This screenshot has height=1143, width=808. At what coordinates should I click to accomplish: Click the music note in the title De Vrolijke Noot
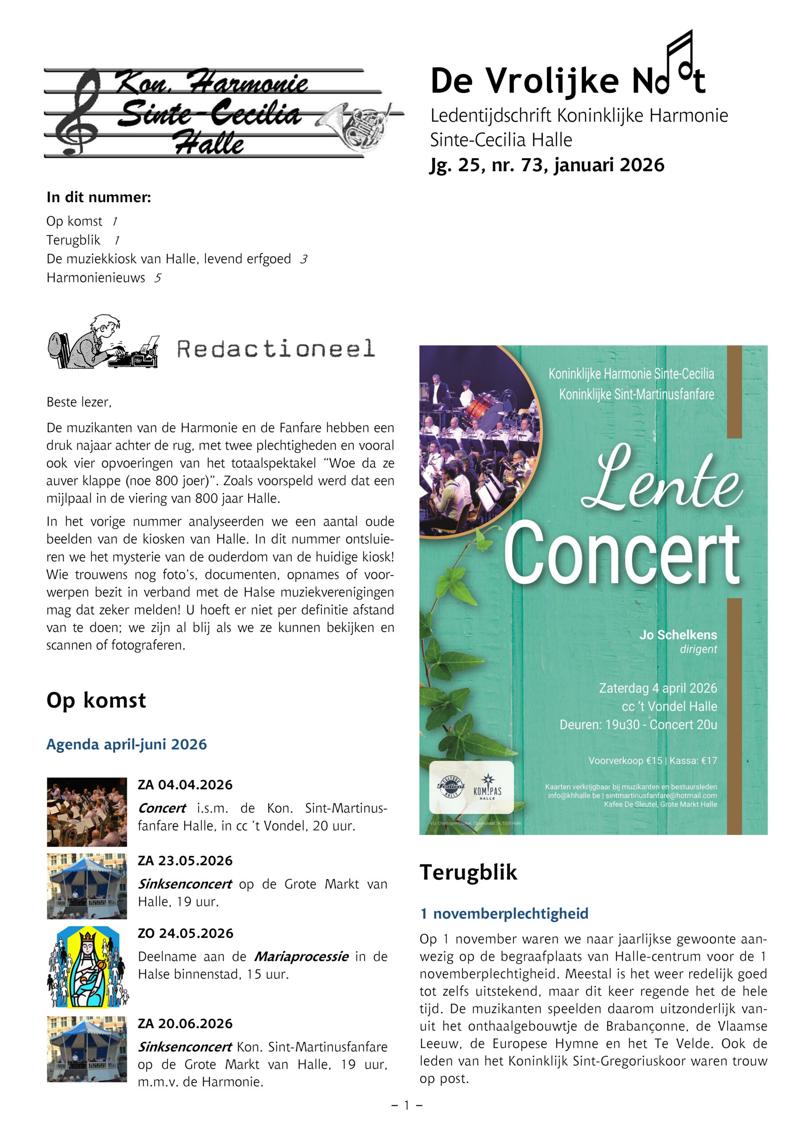[679, 60]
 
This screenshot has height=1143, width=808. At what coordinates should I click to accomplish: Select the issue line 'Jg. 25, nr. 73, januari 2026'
[547, 165]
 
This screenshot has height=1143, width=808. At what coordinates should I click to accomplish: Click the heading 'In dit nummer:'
[99, 198]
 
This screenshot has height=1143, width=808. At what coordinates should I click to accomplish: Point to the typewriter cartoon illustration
[103, 342]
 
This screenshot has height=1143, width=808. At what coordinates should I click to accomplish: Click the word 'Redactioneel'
[276, 349]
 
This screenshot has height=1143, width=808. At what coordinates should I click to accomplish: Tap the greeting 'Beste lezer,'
[79, 402]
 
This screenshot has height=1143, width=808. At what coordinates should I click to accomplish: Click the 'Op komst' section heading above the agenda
[96, 701]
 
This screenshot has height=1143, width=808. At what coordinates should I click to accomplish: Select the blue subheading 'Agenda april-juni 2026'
[126, 745]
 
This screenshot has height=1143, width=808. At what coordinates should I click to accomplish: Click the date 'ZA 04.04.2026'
[185, 785]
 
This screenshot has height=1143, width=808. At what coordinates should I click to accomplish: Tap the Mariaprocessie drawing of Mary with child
[87, 967]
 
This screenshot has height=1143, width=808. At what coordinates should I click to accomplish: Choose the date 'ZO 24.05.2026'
[185, 934]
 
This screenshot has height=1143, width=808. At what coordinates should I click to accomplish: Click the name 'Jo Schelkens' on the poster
[678, 635]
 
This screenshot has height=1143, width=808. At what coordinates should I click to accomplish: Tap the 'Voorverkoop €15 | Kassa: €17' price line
[652, 761]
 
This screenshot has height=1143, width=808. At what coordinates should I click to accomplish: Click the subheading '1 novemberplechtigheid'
[504, 914]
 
